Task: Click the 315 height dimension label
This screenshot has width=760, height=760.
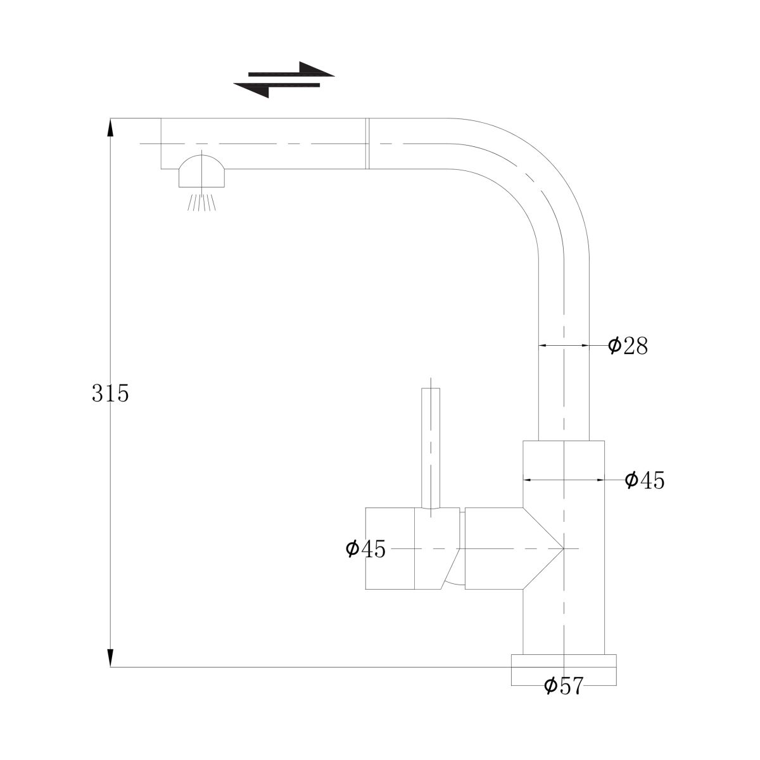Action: (x=110, y=393)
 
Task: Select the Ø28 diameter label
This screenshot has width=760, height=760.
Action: (x=628, y=346)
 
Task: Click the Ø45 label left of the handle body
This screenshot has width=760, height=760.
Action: (x=365, y=548)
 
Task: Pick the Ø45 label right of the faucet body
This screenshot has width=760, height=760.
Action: (x=645, y=480)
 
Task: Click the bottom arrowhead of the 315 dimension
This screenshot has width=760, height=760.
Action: (x=110, y=657)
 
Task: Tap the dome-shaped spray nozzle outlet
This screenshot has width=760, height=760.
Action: (x=201, y=171)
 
